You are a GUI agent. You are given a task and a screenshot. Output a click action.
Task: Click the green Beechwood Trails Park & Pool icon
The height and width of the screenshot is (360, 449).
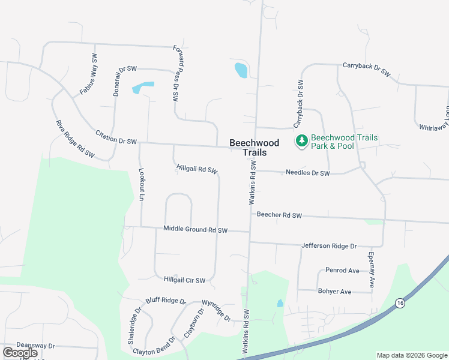pyautogui.click(x=301, y=141)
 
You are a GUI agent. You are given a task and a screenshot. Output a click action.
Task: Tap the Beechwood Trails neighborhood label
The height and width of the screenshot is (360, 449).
pyautogui.click(x=254, y=148)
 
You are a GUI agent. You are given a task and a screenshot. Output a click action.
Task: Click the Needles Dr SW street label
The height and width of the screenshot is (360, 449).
pyautogui.click(x=308, y=173)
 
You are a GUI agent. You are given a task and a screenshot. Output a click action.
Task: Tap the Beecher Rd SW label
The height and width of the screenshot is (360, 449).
pyautogui.click(x=279, y=214)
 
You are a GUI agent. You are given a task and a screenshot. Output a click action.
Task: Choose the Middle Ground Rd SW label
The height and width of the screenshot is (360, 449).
pyautogui.click(x=196, y=229)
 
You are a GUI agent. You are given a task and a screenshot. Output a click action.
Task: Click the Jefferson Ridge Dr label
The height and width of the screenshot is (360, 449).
pyautogui.click(x=329, y=245)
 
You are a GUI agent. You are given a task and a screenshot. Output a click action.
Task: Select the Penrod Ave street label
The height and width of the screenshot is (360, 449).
pyautogui.click(x=342, y=271)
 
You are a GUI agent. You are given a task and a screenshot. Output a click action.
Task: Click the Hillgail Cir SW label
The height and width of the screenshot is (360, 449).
pyautogui.click(x=184, y=280)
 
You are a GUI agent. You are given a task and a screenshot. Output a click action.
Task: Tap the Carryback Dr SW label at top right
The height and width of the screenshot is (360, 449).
pyautogui.click(x=366, y=69)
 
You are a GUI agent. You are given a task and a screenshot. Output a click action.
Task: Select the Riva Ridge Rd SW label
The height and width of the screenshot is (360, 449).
pyautogui.click(x=75, y=139)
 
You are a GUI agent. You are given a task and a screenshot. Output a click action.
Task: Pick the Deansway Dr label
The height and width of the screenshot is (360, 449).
pyautogui.click(x=35, y=346)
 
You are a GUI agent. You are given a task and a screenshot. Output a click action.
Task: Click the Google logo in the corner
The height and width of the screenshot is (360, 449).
pyautogui.click(x=20, y=353)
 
